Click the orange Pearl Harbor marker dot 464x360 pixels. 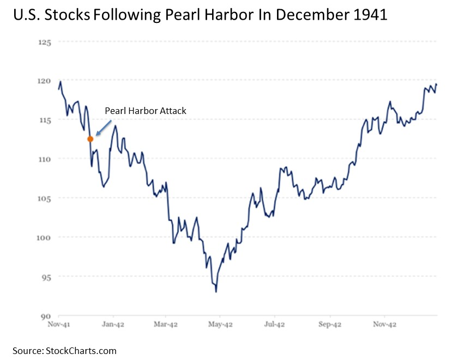pyautogui.click(x=90, y=139)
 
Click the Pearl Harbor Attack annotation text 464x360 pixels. pyautogui.click(x=146, y=111)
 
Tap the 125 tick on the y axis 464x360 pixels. pyautogui.click(x=44, y=41)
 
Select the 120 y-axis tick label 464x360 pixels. pyautogui.click(x=44, y=81)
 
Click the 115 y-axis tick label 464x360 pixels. pyautogui.click(x=44, y=120)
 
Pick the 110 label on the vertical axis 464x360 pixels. pyautogui.click(x=44, y=159)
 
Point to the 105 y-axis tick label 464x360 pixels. pyautogui.click(x=44, y=198)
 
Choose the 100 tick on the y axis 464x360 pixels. pyautogui.click(x=44, y=237)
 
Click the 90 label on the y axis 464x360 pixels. pyautogui.click(x=46, y=316)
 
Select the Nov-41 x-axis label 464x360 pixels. pyautogui.click(x=58, y=324)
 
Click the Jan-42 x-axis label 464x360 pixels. pyautogui.click(x=113, y=324)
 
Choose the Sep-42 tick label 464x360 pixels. pyautogui.click(x=329, y=324)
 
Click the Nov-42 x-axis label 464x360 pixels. pyautogui.click(x=384, y=324)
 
